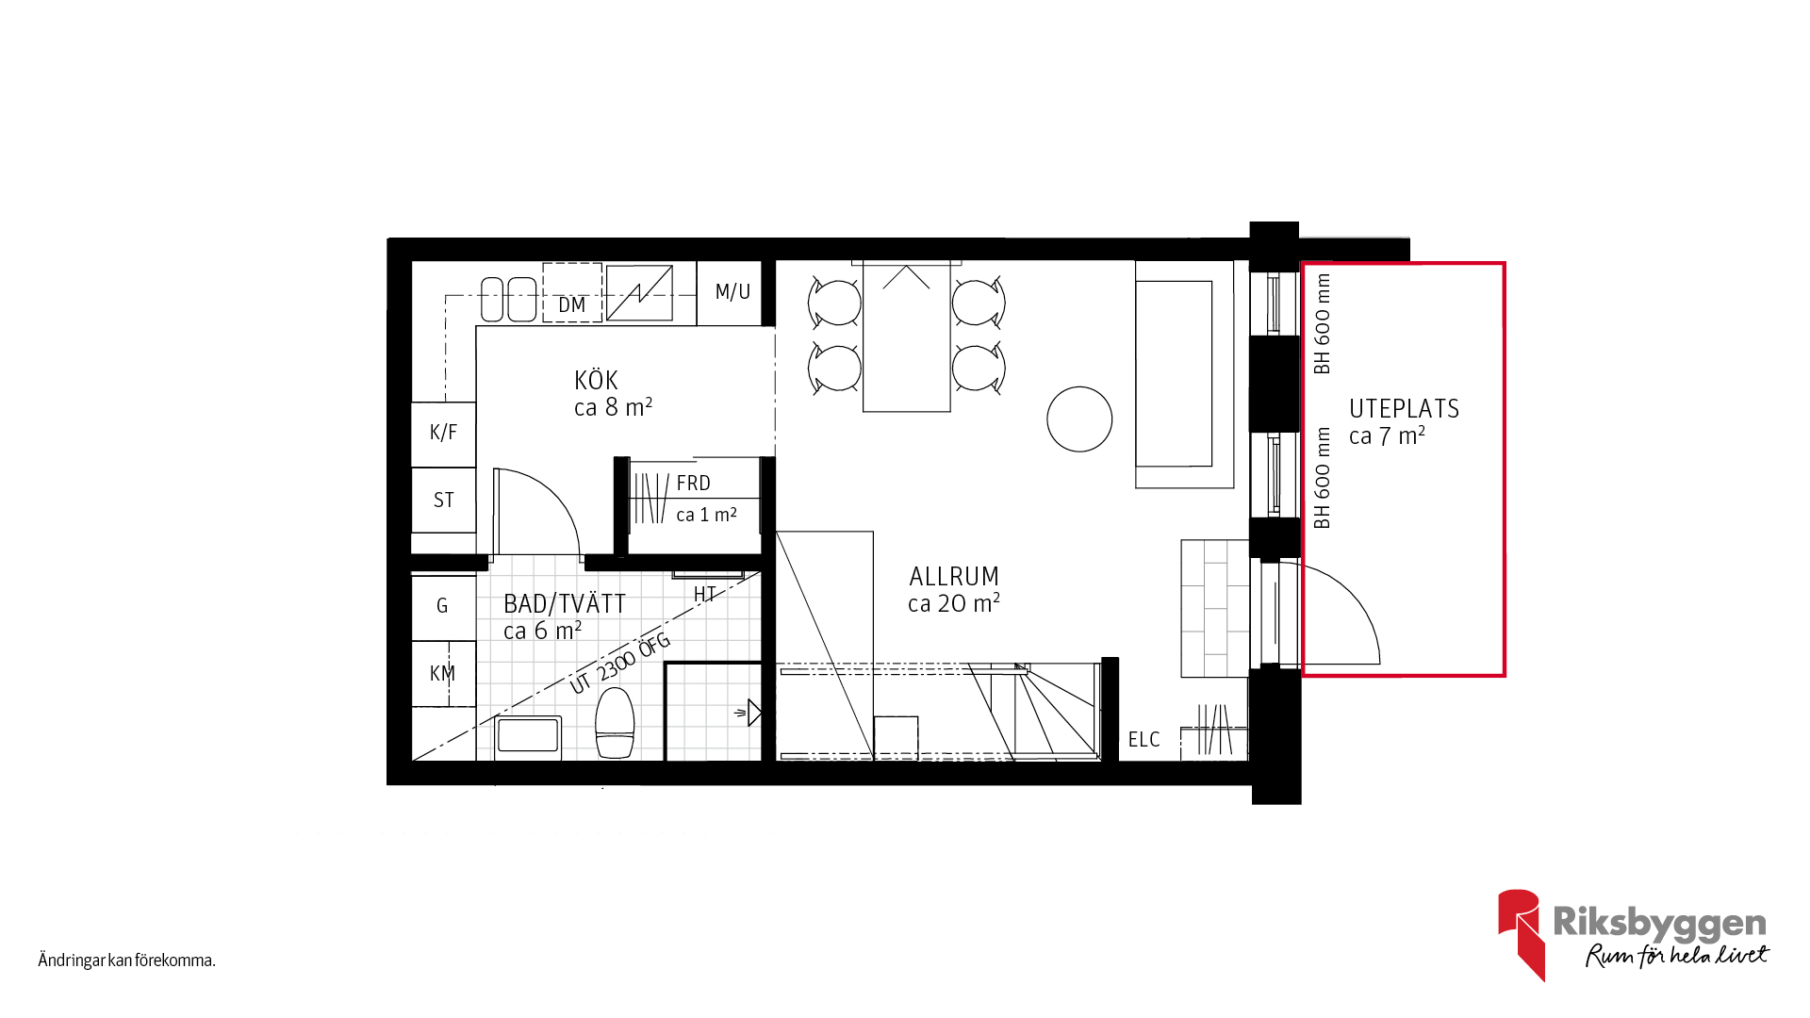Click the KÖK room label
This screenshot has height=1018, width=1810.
[x=596, y=381]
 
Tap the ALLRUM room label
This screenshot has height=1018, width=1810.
[x=954, y=577]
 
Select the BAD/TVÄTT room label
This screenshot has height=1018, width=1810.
[x=565, y=604]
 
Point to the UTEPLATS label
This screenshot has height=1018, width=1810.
[x=1404, y=409]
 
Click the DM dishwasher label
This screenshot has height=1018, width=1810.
[x=572, y=305]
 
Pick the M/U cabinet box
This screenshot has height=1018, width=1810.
[x=730, y=293]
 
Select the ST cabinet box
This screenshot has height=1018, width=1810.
[x=443, y=501]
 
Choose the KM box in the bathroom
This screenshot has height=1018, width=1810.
[x=443, y=674]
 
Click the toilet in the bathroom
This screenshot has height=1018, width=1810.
[x=615, y=723]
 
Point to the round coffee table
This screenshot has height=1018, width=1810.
[x=1079, y=419]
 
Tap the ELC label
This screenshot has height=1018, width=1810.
[x=1144, y=740]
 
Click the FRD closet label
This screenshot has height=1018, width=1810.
[x=693, y=484]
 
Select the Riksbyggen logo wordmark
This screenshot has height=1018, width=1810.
[x=1659, y=923]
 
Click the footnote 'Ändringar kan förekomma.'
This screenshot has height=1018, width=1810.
[x=127, y=961]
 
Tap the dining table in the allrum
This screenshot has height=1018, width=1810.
[x=907, y=337]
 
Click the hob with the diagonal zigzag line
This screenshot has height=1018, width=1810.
[x=639, y=293]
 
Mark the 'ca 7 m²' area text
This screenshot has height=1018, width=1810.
[x=1387, y=436]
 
